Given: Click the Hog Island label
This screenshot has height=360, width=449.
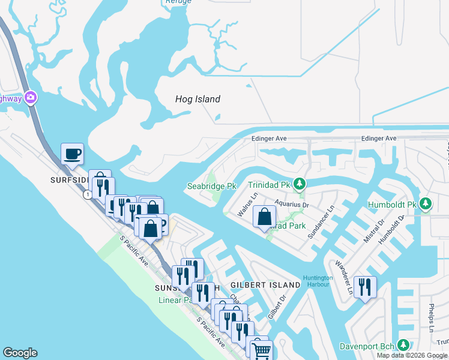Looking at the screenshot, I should click(x=197, y=99).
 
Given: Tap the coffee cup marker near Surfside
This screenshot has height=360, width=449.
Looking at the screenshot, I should click(x=72, y=154).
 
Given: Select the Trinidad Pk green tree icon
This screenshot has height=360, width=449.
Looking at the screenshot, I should click(x=303, y=184).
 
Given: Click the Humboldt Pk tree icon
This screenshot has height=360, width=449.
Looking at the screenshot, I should click(x=426, y=204).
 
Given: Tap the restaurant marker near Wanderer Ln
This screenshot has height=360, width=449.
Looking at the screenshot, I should click(x=365, y=287).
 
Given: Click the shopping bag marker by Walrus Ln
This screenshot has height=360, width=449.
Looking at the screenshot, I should click(x=264, y=217).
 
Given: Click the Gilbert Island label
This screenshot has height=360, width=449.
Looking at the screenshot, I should click(x=265, y=284).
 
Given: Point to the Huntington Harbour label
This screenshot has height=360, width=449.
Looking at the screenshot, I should click(x=318, y=281).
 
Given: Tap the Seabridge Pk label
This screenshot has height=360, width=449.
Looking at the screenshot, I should click(x=211, y=187).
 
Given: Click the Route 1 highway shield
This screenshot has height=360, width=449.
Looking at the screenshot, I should click(x=88, y=194).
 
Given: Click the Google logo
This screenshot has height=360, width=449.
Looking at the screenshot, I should click(x=20, y=353).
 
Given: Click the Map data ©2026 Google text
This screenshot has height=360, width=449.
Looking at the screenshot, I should click(x=412, y=355).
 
